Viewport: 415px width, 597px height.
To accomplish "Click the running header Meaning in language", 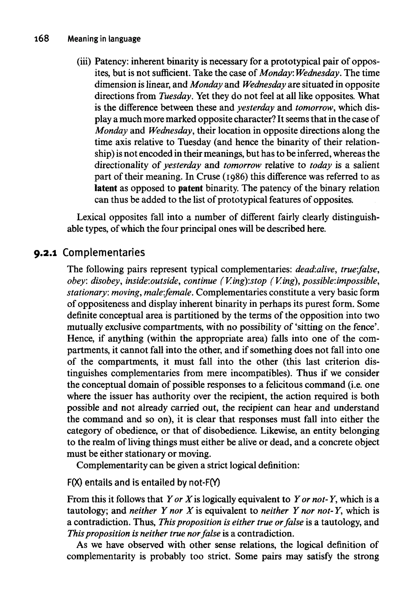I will click(x=104, y=39).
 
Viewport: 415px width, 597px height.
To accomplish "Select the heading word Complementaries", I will click(x=104, y=252).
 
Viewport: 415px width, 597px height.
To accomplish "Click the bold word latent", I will click(x=105, y=188).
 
